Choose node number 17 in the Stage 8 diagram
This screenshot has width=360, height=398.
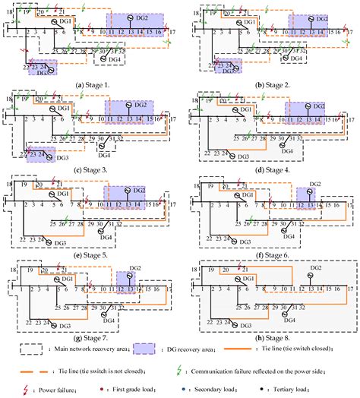click(x=350, y=289)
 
